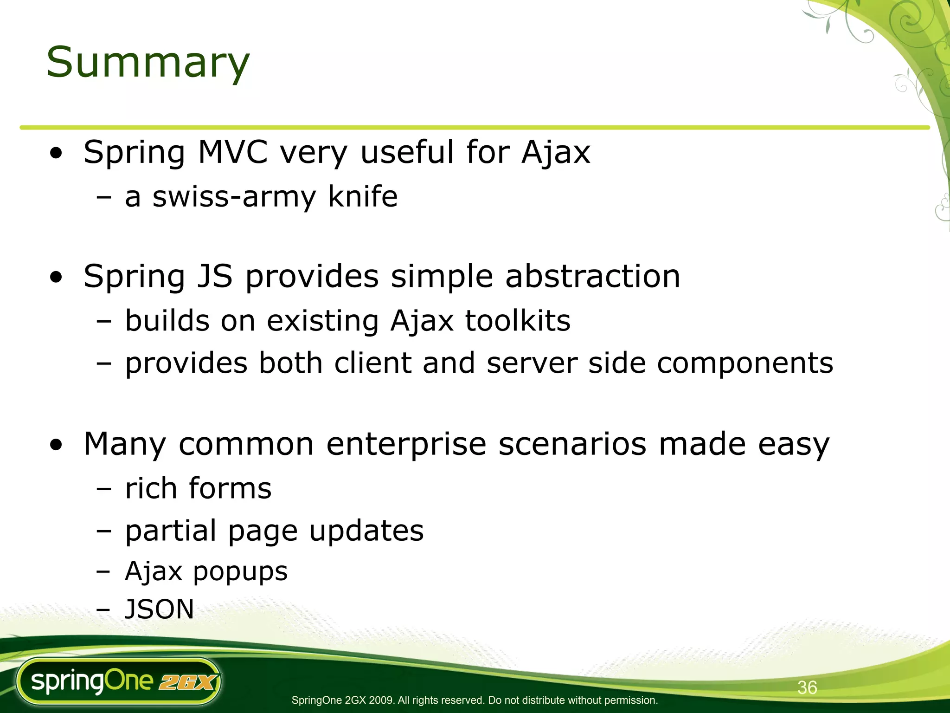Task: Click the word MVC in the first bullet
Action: coord(233,152)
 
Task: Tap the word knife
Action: coord(363,196)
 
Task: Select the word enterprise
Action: coord(406,444)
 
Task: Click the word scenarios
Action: coord(572,444)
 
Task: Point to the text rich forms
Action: coord(198,488)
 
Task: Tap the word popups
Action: coord(240,572)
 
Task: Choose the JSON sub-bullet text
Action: coord(160,609)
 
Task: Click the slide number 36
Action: coord(807,687)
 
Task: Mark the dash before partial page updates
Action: coord(104,531)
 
